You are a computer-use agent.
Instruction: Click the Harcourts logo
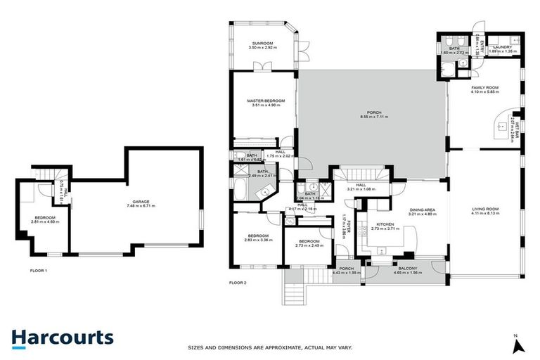coord(63,337)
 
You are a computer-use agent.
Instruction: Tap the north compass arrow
coord(518,344)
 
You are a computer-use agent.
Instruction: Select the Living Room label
coord(485,211)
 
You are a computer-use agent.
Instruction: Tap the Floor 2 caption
coord(238,282)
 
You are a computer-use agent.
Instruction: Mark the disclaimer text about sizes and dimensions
coord(270,347)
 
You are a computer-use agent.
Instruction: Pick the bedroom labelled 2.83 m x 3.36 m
coord(257,238)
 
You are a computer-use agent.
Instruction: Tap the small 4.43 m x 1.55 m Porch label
coord(346,270)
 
